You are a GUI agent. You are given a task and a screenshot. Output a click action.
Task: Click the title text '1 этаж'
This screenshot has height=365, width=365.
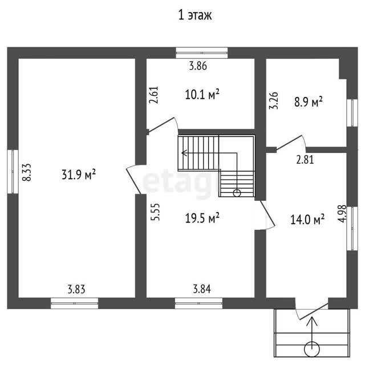tap(195, 15)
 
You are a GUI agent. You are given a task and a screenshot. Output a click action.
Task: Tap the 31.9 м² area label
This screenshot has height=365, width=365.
tap(79, 174)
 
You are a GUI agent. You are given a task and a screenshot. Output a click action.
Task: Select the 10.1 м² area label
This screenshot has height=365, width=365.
tap(202, 94)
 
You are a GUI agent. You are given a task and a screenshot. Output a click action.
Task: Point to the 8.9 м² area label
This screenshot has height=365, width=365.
tap(309, 102)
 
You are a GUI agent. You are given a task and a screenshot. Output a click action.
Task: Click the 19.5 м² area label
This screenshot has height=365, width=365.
tap(202, 218)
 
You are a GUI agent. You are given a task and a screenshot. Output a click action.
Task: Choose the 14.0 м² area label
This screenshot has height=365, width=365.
tap(307, 219)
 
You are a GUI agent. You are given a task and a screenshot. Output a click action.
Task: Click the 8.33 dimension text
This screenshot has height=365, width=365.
tap(27, 172)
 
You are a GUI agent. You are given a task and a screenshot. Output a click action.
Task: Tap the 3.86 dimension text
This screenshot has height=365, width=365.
tap(198, 66)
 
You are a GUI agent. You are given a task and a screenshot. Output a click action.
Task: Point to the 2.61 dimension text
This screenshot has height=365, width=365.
tap(154, 95)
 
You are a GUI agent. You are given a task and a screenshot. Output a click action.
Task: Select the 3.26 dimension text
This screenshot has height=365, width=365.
tap(274, 100)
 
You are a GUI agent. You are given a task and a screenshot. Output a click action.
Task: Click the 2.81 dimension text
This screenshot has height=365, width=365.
tap(305, 160)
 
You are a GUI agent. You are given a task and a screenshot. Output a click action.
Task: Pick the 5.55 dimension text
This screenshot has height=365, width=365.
tap(155, 212)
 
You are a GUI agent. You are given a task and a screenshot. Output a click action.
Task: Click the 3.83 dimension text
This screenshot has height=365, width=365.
tap(76, 290)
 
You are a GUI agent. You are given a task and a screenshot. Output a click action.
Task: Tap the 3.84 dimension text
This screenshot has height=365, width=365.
tap(202, 289)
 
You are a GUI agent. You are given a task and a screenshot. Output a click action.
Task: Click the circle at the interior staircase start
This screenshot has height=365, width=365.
tap(237, 193)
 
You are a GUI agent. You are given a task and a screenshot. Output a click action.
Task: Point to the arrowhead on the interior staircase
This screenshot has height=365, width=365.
tap(184, 153)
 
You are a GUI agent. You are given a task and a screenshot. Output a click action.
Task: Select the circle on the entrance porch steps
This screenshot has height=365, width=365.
tap(312, 349)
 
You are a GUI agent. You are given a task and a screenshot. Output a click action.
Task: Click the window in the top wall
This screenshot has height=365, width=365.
tap(201, 53)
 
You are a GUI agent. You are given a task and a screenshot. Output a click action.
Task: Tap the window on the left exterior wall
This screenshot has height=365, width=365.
tap(13, 172)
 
